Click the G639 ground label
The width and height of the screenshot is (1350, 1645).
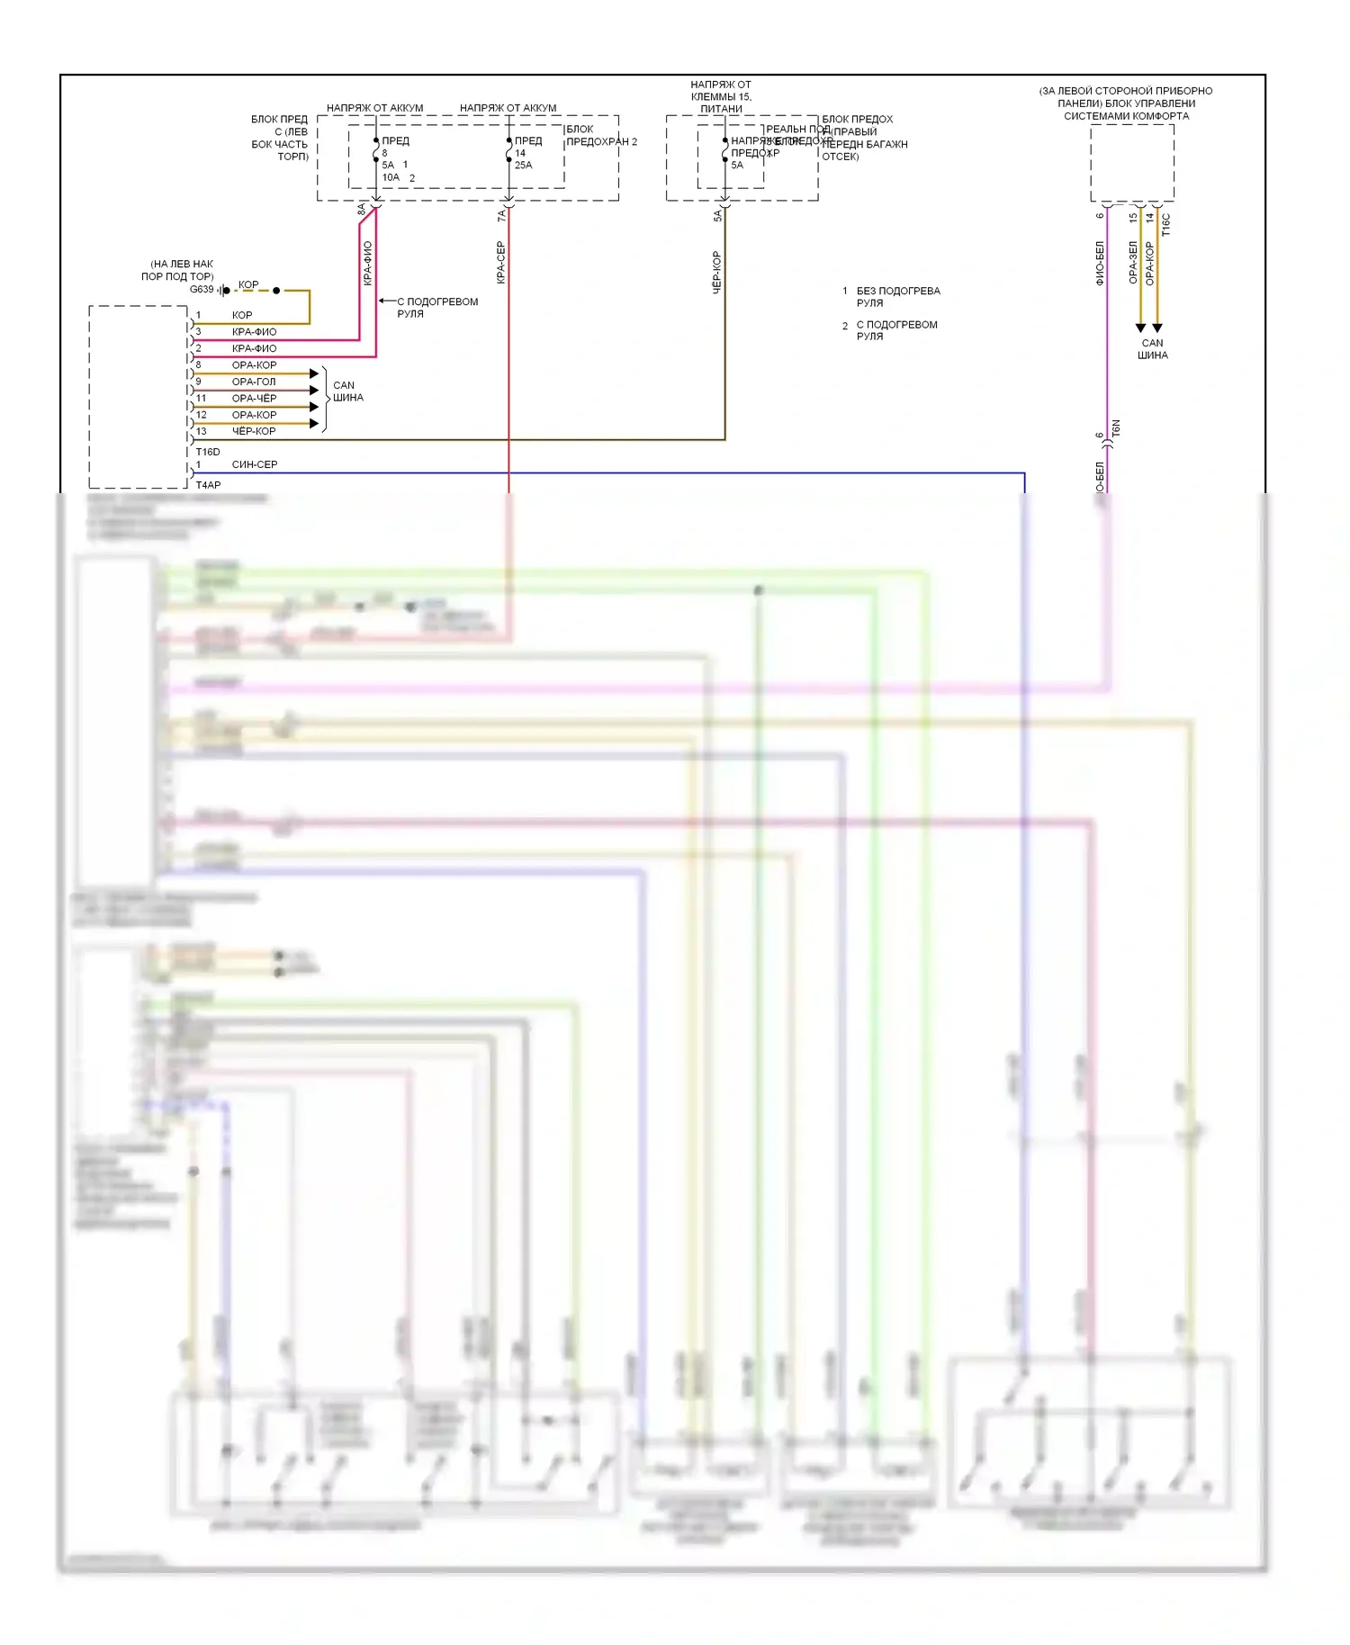(202, 290)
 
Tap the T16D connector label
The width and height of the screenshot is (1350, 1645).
(208, 452)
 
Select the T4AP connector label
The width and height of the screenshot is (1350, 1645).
(208, 485)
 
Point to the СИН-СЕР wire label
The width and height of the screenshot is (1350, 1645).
(255, 464)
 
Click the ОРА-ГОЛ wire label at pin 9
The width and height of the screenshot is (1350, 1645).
(254, 382)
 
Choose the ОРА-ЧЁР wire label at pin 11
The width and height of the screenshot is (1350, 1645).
(254, 398)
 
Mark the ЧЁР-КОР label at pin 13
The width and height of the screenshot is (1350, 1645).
(254, 431)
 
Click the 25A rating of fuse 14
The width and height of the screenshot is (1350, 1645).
(523, 166)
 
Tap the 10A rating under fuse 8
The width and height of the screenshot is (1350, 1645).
(391, 177)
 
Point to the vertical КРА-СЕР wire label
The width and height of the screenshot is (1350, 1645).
(501, 263)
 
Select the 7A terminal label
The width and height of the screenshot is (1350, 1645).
(502, 216)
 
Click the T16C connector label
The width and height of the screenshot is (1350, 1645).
(1166, 225)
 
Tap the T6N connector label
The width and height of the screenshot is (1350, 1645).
(1116, 429)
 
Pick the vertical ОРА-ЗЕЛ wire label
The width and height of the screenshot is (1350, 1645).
(1133, 263)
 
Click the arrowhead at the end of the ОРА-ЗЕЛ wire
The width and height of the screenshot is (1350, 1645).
(1140, 328)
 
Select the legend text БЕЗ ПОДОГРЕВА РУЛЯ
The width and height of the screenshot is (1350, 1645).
(897, 297)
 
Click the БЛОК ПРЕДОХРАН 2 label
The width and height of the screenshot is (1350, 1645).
(600, 136)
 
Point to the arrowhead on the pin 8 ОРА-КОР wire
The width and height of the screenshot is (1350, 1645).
(314, 373)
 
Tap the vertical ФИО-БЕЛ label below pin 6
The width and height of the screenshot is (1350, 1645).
(1100, 264)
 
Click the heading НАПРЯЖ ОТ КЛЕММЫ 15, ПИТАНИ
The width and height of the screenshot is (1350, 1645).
(721, 97)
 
